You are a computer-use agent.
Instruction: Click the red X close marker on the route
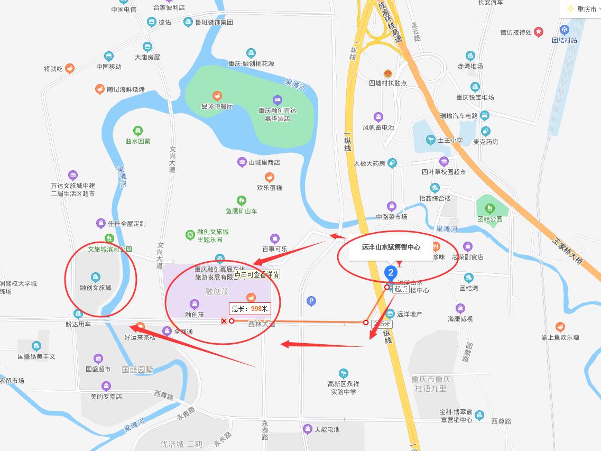tap(224, 321)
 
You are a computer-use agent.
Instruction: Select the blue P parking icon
tap(311, 301)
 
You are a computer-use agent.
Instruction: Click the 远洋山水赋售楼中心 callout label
tap(391, 247)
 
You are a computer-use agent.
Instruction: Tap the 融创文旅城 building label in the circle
tap(96, 288)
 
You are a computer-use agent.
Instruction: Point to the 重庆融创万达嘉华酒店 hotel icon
tap(278, 100)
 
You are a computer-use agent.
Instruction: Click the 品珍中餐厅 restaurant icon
tap(217, 96)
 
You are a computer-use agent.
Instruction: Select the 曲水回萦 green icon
tap(138, 130)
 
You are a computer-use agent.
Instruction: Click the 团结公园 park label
tap(489, 218)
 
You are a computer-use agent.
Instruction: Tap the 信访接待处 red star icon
tap(539, 32)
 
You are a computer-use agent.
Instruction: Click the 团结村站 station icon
tap(565, 30)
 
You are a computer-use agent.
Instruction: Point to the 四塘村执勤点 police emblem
tap(388, 73)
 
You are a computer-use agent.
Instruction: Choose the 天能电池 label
tap(327, 429)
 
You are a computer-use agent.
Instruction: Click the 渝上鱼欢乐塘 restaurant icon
tap(560, 327)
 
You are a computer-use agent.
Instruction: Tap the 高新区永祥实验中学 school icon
tap(344, 373)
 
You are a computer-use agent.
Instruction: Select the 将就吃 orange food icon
tap(69, 68)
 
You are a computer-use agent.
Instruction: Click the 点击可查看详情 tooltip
tap(257, 274)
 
